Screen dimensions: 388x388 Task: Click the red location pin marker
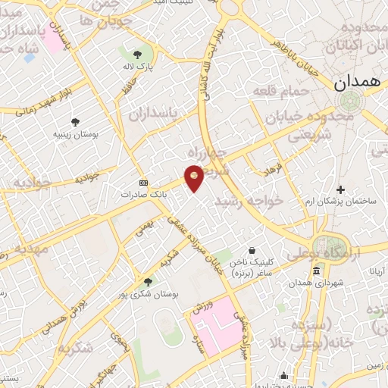pyautogui.click(x=195, y=177)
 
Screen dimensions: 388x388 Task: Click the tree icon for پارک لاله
pyautogui.click(x=136, y=55)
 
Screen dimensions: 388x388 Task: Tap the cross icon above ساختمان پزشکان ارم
pyautogui.click(x=340, y=189)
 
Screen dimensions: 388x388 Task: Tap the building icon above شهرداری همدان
pyautogui.click(x=316, y=271)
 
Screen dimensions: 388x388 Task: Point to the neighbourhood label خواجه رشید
pyautogui.click(x=249, y=201)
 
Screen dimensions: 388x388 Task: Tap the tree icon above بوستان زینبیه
pyautogui.click(x=75, y=122)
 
